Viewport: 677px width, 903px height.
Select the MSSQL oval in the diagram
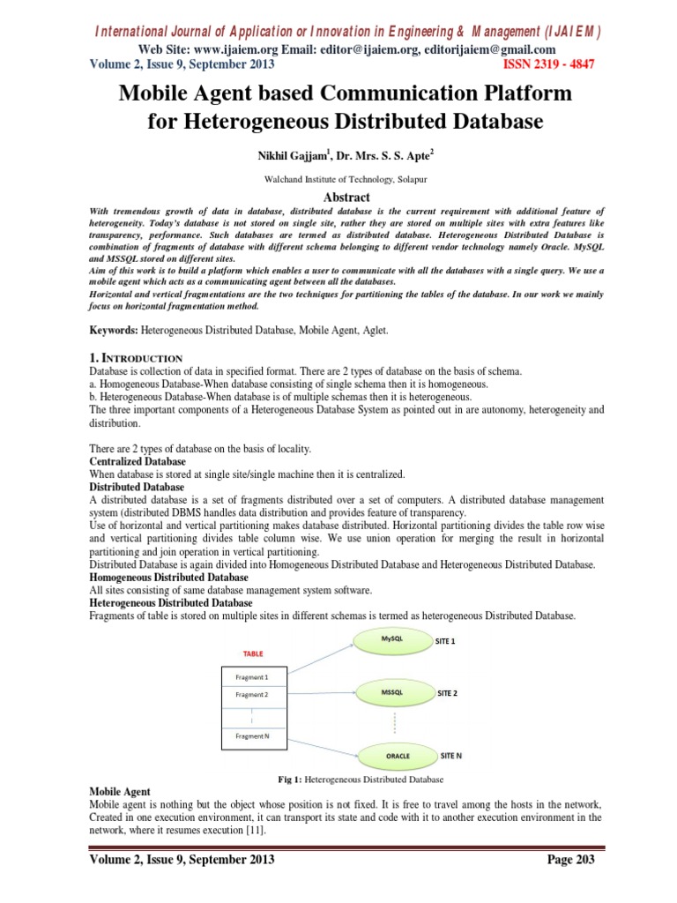(391, 692)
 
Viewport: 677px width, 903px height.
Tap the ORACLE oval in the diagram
(398, 756)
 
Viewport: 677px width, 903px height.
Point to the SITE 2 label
(448, 693)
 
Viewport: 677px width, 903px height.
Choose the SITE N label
(451, 756)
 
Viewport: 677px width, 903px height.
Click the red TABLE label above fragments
(253, 653)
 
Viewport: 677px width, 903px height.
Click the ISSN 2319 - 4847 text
(549, 64)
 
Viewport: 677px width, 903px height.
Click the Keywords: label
(116, 328)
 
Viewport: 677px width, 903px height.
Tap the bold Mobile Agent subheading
(120, 792)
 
